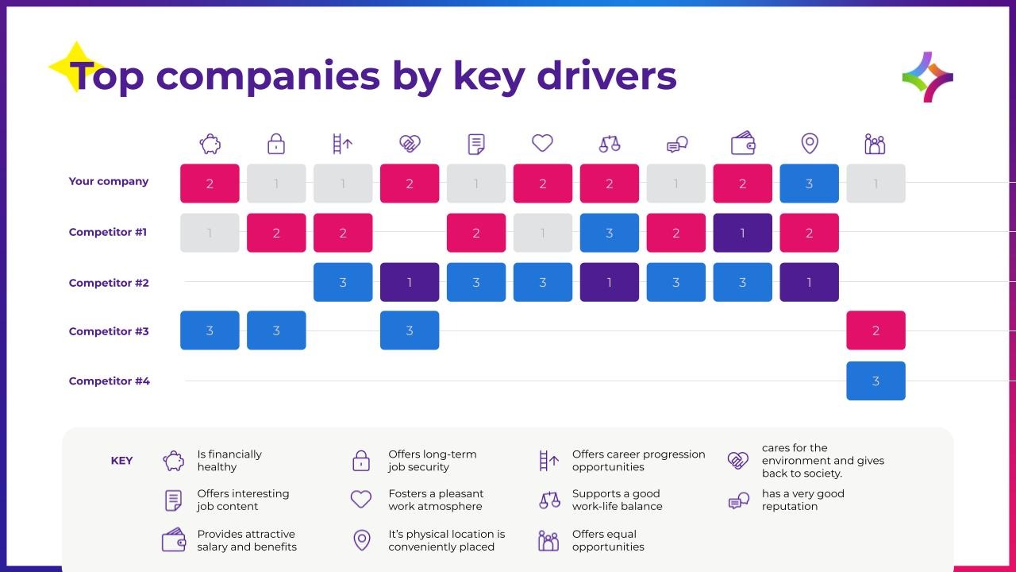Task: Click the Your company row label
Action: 109,181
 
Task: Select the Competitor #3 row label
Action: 109,331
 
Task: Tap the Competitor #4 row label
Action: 110,381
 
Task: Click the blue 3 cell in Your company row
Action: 809,184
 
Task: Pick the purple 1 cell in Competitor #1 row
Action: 742,233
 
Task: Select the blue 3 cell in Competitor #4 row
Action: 876,381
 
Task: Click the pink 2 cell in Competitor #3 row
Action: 876,330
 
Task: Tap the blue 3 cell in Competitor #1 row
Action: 609,233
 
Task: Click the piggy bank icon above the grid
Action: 210,144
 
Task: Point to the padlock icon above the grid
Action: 276,144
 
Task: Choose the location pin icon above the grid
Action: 810,144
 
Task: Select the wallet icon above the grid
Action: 743,143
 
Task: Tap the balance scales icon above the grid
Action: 610,144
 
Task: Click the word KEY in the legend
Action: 121,461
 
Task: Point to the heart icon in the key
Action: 361,500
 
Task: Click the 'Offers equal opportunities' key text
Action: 608,540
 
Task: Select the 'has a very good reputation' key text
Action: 802,500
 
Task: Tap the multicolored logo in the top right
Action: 928,77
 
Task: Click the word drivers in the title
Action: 607,76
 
